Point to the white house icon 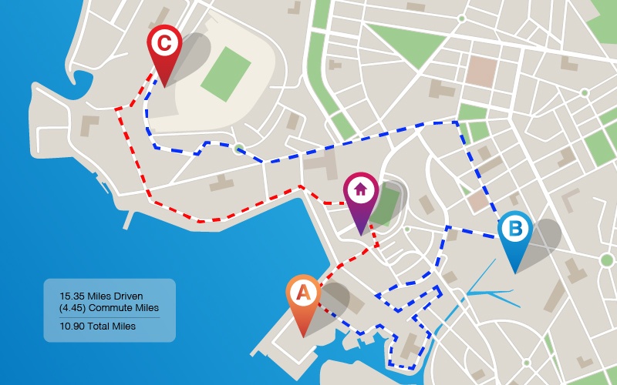[x=361, y=188]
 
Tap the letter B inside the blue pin [x=514, y=229]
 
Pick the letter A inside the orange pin [x=304, y=293]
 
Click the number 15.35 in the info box [x=72, y=296]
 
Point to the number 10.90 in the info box [x=72, y=326]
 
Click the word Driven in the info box [x=127, y=296]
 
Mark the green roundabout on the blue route [x=239, y=149]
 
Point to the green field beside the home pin [x=387, y=202]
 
